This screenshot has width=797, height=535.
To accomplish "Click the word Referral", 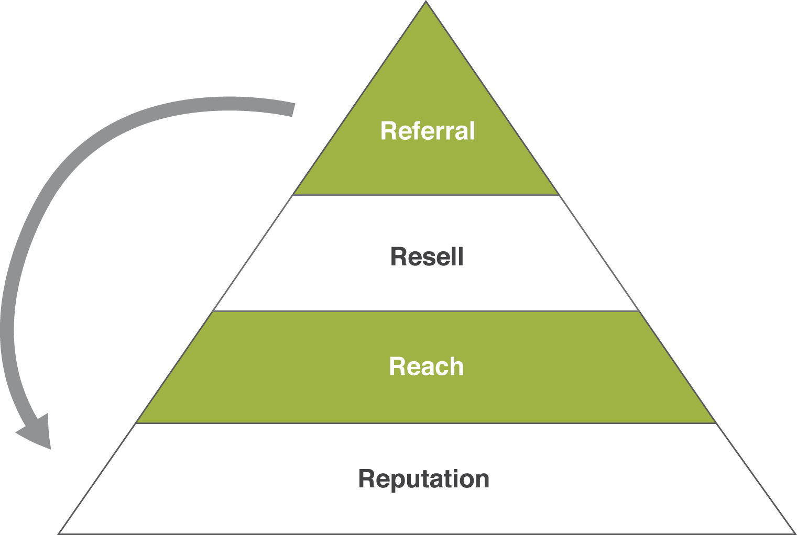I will (427, 131).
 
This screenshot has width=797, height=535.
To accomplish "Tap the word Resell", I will (427, 257).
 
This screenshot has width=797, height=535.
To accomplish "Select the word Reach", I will (426, 366).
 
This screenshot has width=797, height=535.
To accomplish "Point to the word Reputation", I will (423, 479).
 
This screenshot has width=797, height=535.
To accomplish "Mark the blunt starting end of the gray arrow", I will (292, 109).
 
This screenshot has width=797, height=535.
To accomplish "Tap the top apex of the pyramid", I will (426, 2).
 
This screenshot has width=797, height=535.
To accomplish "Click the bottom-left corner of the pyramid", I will (59, 533).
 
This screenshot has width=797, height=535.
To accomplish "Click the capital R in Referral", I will (388, 131).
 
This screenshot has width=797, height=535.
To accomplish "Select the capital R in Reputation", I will (367, 479).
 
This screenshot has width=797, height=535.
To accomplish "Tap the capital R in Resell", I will (398, 257).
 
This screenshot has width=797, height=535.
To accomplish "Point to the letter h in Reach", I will (456, 366).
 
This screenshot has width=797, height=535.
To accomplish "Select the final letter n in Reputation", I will (482, 480).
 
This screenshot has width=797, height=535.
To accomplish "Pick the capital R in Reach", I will (397, 366).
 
